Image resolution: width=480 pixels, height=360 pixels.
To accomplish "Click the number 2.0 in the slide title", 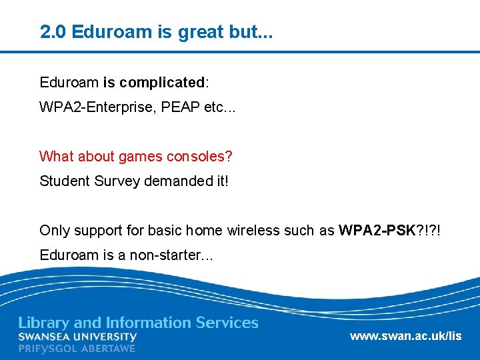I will pyautogui.click(x=53, y=31).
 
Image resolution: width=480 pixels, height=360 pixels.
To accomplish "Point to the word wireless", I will pyautogui.click(x=253, y=231).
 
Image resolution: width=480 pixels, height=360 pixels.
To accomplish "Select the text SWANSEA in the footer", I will pyautogui.click(x=45, y=337).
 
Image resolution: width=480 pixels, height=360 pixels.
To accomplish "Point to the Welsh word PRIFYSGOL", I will pyautogui.click(x=48, y=348).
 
